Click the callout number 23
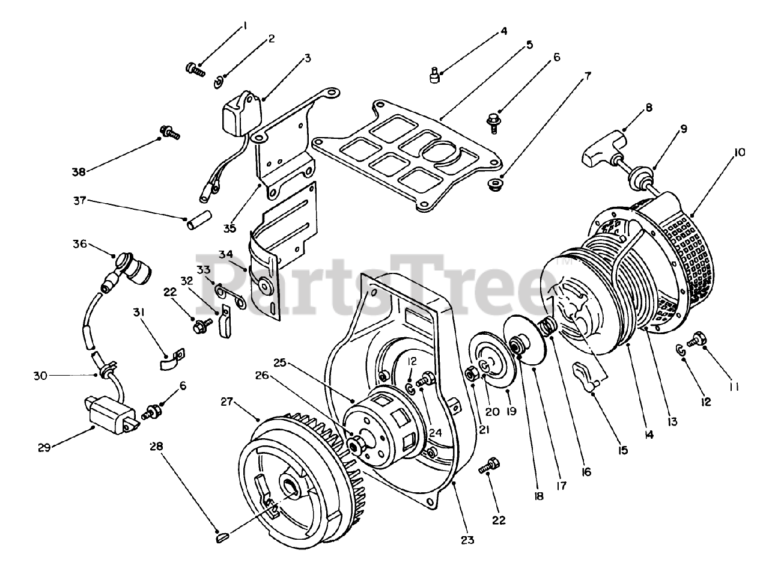pos(468,540)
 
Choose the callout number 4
pos(504,30)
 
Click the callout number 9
pos(684,129)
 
